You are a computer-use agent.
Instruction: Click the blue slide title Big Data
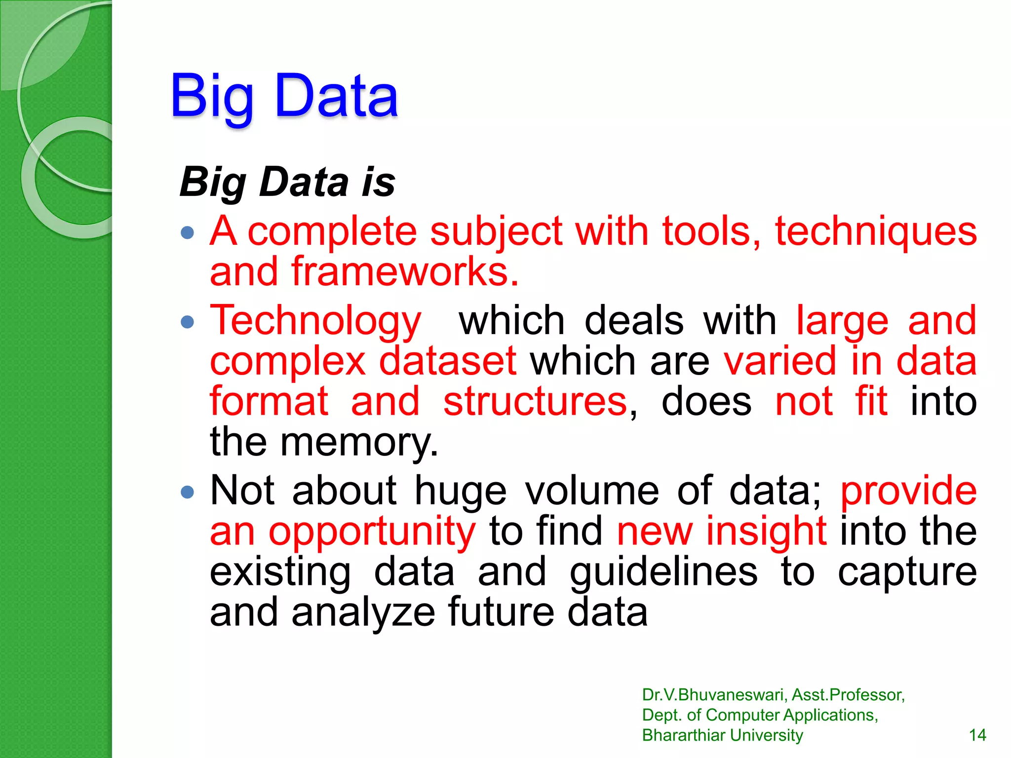(x=284, y=96)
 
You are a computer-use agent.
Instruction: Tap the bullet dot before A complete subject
(x=188, y=232)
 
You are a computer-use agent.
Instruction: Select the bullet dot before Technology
(x=188, y=322)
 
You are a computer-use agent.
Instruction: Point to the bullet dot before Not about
(x=188, y=492)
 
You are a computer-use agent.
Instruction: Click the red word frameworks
(x=405, y=272)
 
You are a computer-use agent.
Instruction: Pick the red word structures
(x=535, y=402)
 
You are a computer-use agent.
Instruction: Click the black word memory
(x=359, y=443)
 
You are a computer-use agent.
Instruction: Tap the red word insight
(x=766, y=531)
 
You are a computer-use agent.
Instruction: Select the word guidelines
(x=663, y=572)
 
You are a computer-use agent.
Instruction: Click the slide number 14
(x=977, y=735)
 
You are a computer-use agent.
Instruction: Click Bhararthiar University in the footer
(x=722, y=735)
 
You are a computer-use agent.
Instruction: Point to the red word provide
(x=908, y=492)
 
